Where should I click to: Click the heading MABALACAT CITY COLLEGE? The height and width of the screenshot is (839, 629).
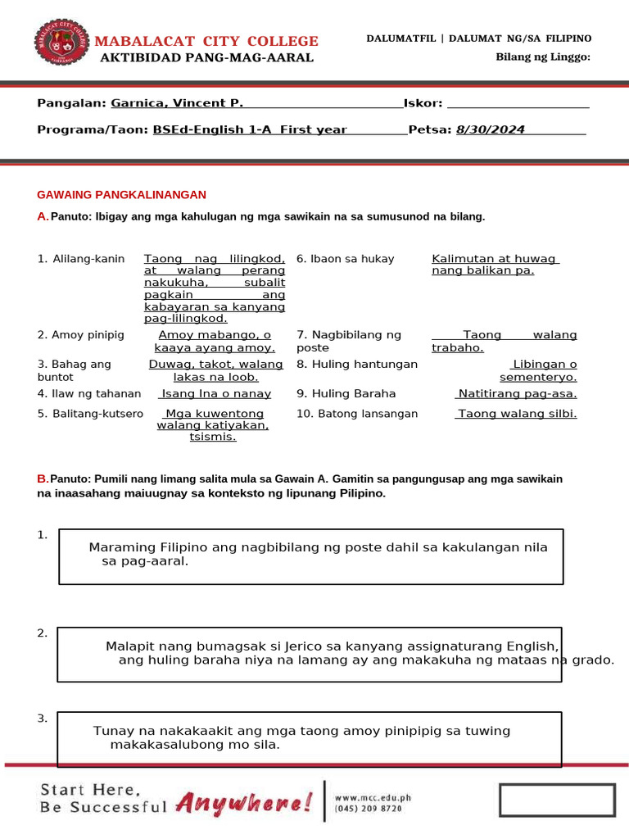pyautogui.click(x=207, y=41)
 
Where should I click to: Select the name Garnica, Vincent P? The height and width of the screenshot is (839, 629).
pyautogui.click(x=177, y=103)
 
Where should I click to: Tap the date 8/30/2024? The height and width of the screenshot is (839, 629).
pyautogui.click(x=490, y=129)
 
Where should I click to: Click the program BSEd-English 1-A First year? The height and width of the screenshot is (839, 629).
pyautogui.click(x=250, y=129)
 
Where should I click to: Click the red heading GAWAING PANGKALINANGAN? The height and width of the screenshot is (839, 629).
pyautogui.click(x=122, y=194)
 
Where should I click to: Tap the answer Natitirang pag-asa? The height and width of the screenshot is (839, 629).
pyautogui.click(x=517, y=393)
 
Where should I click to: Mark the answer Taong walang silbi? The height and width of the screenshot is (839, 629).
pyautogui.click(x=517, y=414)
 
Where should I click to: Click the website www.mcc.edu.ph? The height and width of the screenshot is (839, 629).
pyautogui.click(x=373, y=796)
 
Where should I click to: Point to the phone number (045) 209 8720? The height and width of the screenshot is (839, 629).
pyautogui.click(x=369, y=808)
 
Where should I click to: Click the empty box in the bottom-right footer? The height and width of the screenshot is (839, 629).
pyautogui.click(x=557, y=800)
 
